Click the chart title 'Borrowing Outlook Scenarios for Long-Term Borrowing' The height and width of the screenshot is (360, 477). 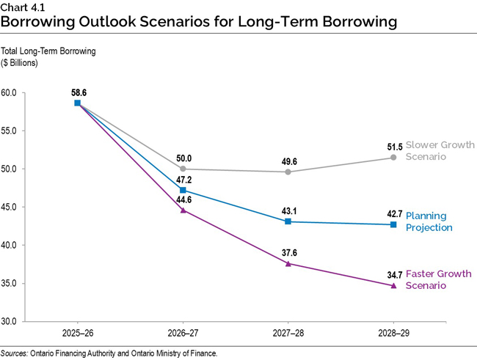coord(199,22)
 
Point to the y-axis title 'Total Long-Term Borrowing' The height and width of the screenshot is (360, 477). coord(48,52)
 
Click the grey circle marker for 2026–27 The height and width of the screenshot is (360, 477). coord(183,169)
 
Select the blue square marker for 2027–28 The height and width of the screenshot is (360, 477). coord(288,221)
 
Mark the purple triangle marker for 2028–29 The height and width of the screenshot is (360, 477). coord(393,285)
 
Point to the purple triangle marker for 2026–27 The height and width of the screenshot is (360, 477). coord(183,210)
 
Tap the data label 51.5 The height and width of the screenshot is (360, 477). coord(394,147)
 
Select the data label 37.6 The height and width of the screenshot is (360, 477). coord(288,253)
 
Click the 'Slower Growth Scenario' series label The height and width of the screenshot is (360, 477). coord(440,150)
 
